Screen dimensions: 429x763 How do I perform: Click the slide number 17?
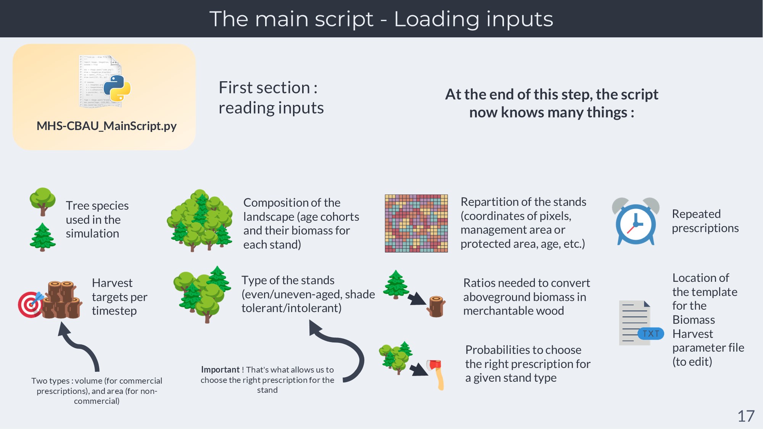point(746,416)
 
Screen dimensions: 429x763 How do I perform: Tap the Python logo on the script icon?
point(117,88)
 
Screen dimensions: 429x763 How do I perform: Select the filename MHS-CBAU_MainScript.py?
point(106,126)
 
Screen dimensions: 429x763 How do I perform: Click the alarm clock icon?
point(636,222)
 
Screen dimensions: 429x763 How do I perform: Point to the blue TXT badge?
point(650,334)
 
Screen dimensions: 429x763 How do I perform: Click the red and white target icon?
point(30,304)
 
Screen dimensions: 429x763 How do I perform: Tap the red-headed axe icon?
point(436,374)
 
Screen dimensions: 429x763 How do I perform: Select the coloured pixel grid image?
point(416,223)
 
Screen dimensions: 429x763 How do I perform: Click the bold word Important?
point(220,370)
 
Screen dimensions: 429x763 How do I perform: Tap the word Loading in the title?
point(436,19)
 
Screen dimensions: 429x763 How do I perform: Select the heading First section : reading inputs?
point(271,98)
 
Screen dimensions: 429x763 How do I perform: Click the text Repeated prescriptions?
point(705,221)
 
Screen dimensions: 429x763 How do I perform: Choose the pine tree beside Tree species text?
point(43,237)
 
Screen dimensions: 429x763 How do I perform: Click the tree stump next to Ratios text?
point(436,306)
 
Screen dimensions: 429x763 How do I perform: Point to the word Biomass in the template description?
point(694,320)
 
